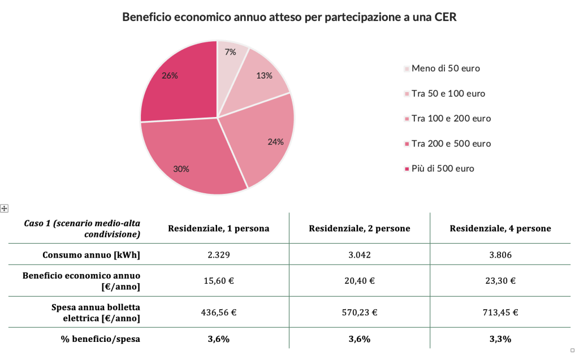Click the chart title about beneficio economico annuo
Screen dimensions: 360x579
coord(289,17)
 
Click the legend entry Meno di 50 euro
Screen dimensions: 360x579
coord(446,68)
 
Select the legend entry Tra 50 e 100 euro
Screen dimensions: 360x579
coord(448,93)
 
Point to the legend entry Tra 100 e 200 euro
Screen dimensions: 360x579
coord(451,118)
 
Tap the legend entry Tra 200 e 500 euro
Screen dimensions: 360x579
coord(451,144)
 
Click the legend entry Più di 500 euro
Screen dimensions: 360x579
coord(442,168)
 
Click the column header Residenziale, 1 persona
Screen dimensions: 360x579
coord(218,228)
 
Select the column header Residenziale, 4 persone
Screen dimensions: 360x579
coord(500,228)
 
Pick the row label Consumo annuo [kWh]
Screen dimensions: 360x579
coord(92,255)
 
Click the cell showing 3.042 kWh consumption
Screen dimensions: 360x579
coord(359,255)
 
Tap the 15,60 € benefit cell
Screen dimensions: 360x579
coord(218,280)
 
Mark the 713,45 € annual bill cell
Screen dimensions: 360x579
coord(500,311)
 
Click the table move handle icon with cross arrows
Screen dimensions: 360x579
coord(4,209)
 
